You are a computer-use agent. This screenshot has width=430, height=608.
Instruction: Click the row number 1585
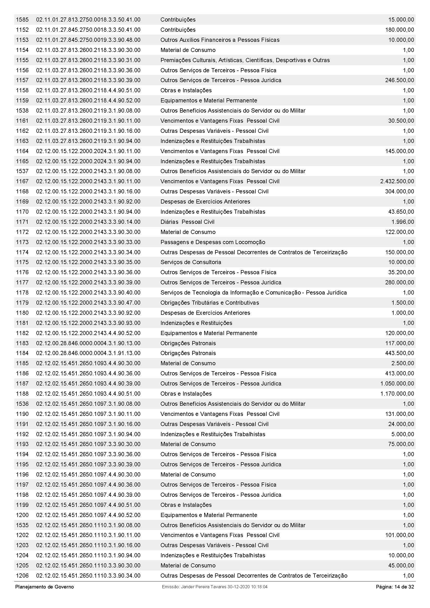[22, 19]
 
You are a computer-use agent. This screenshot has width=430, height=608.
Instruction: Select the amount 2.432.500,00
[397, 181]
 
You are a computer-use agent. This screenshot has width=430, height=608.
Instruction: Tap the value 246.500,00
[399, 80]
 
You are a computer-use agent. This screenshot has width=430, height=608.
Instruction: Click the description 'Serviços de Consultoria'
[190, 262]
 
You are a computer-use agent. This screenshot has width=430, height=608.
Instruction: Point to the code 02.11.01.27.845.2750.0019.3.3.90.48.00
[88, 40]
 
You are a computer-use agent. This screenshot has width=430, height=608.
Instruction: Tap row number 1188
[22, 394]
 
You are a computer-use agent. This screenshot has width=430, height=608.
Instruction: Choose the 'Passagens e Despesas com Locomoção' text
[213, 242]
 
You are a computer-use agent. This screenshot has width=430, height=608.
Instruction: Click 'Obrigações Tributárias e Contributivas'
[210, 303]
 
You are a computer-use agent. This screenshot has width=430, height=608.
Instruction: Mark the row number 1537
[22, 171]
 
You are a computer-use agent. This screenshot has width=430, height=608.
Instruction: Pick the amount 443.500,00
[399, 353]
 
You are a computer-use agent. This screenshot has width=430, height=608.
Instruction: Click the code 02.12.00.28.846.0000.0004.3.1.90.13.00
[88, 343]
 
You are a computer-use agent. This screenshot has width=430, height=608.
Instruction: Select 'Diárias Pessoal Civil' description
[187, 222]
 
